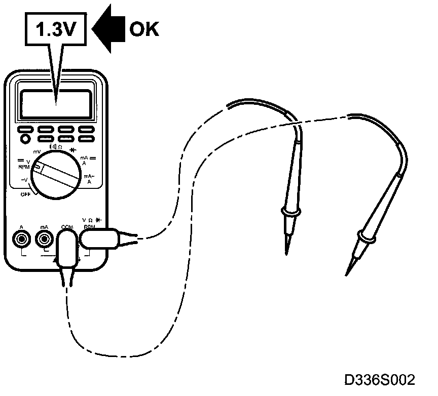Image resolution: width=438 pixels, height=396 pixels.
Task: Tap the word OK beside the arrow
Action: click(x=144, y=29)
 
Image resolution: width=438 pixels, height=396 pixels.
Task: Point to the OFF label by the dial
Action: click(x=26, y=194)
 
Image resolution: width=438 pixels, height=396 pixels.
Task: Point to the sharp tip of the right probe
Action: click(x=348, y=272)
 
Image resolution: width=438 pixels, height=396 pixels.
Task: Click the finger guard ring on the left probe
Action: click(x=291, y=211)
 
